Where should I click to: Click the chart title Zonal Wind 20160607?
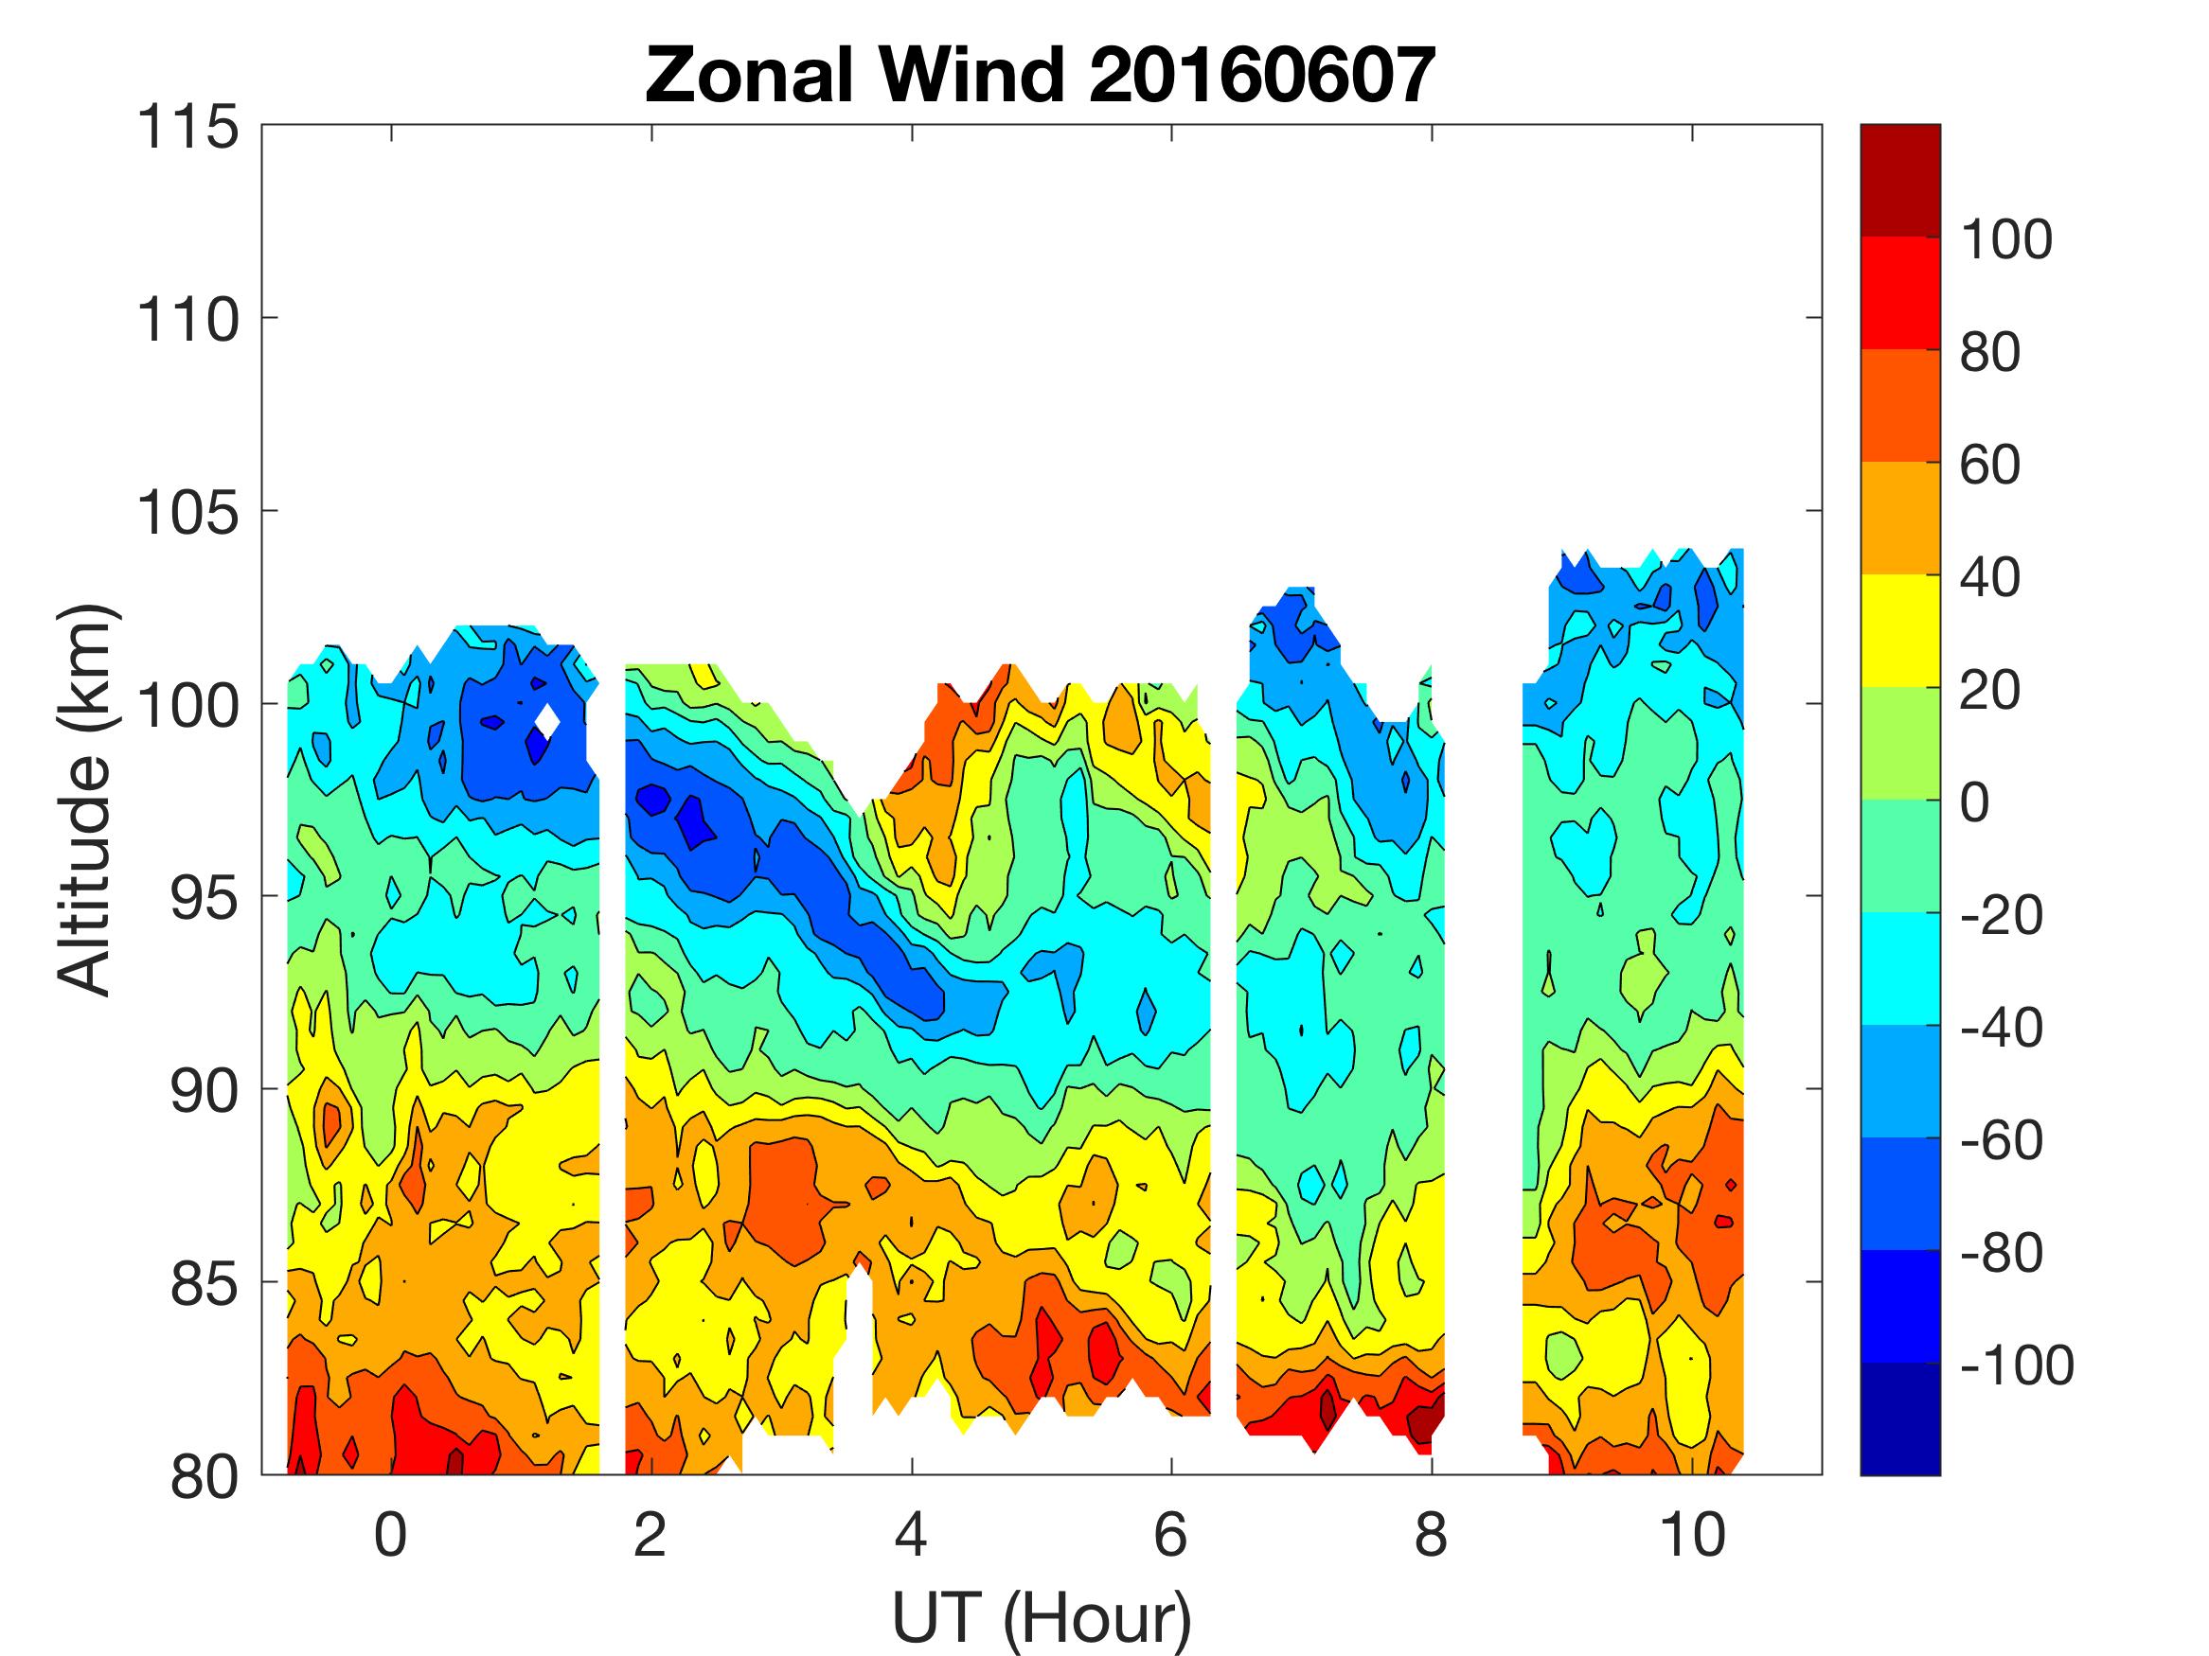click(1041, 76)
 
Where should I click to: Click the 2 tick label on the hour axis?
click(650, 1534)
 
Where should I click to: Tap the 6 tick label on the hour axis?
click(1170, 1534)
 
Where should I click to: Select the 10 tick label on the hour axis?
click(1692, 1534)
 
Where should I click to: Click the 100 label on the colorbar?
click(2005, 239)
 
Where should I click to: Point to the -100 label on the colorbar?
click(2016, 1365)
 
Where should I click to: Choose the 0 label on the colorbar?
click(1974, 802)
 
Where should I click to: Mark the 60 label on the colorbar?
click(1989, 466)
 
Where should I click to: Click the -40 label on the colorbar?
click(2002, 1027)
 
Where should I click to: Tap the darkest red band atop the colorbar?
click(1899, 180)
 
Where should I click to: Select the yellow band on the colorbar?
click(1899, 631)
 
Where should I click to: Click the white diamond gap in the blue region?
click(546, 720)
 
